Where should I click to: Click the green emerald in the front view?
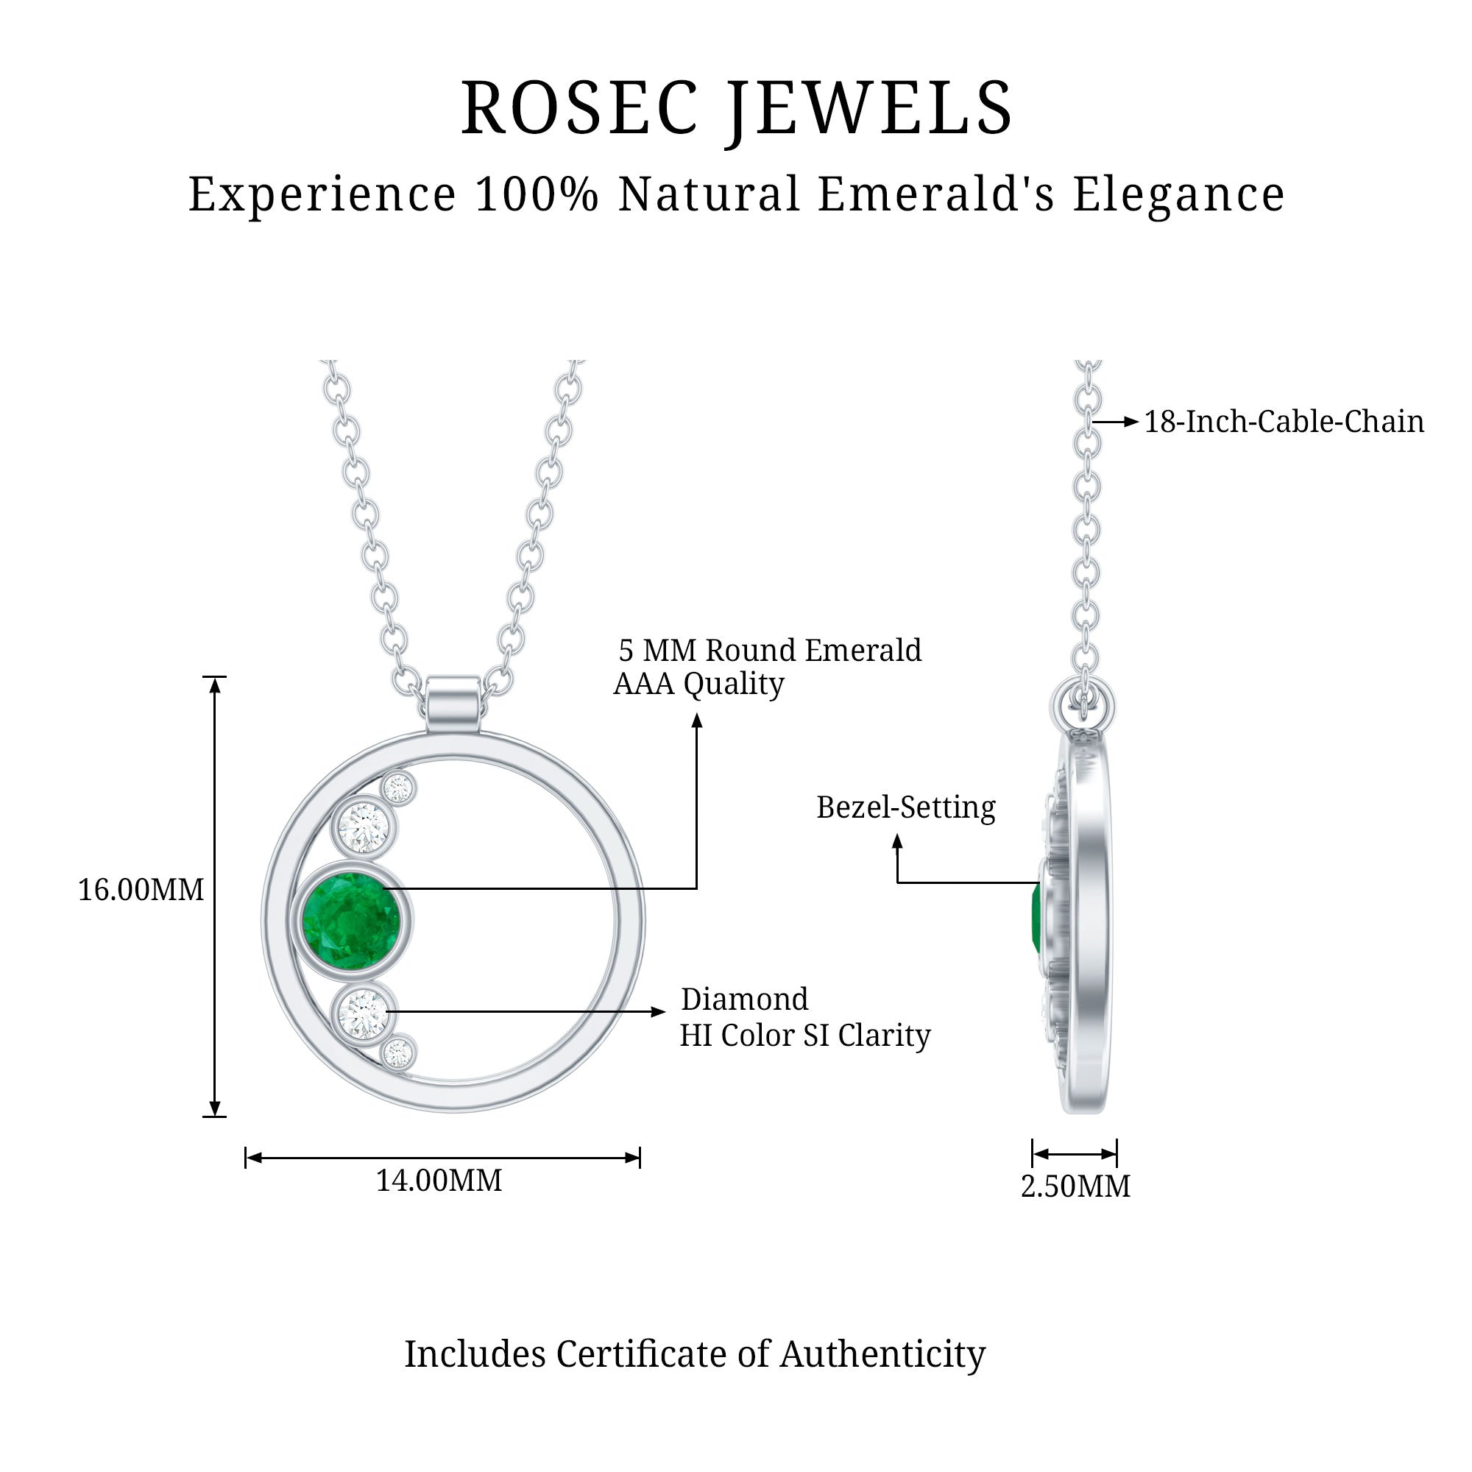(350, 922)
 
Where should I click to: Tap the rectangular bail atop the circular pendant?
(453, 704)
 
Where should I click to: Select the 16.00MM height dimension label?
(141, 890)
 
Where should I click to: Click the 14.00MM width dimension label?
(439, 1181)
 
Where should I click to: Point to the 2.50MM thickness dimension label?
(1075, 1186)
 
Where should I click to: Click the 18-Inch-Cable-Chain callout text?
(1284, 422)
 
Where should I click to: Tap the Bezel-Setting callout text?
(905, 807)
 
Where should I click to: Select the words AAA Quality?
(698, 684)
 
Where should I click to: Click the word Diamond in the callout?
(744, 999)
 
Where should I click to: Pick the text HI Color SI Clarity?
(804, 1036)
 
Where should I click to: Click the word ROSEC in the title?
(579, 108)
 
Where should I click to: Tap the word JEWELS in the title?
(868, 108)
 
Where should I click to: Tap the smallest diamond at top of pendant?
(398, 787)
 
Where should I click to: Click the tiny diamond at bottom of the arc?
(397, 1054)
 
